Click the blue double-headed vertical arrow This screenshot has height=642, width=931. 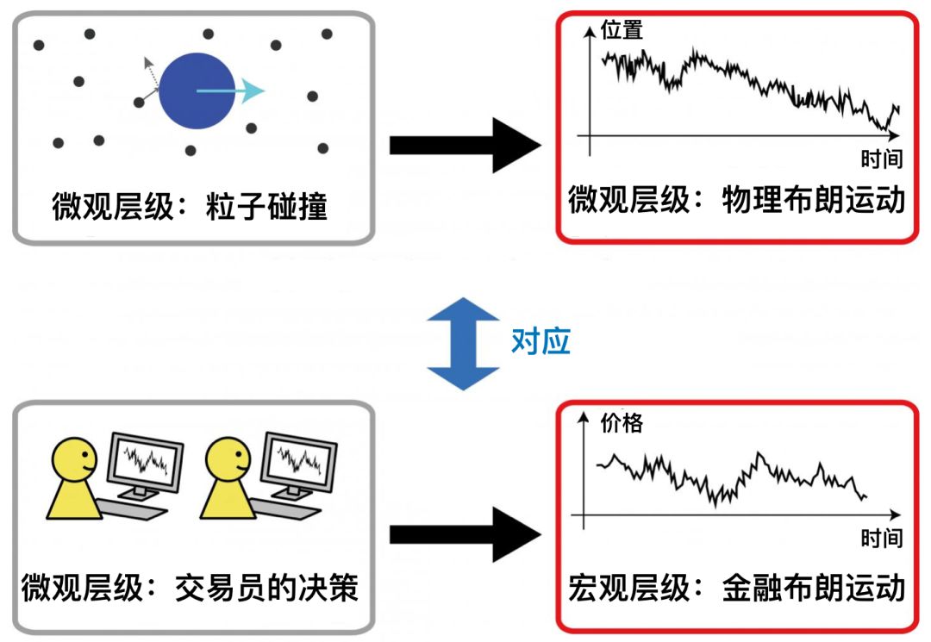(464, 343)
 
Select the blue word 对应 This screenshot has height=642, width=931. (541, 342)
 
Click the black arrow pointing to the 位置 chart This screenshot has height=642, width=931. (465, 146)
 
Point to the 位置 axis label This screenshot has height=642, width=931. (622, 30)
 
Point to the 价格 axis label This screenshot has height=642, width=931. (622, 422)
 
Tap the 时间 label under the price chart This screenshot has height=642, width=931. (881, 539)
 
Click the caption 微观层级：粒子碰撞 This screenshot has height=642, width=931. (191, 207)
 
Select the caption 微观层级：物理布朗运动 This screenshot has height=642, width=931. (737, 201)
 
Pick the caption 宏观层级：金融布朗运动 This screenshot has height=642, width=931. (737, 589)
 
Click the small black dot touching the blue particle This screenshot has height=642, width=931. (140, 103)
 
